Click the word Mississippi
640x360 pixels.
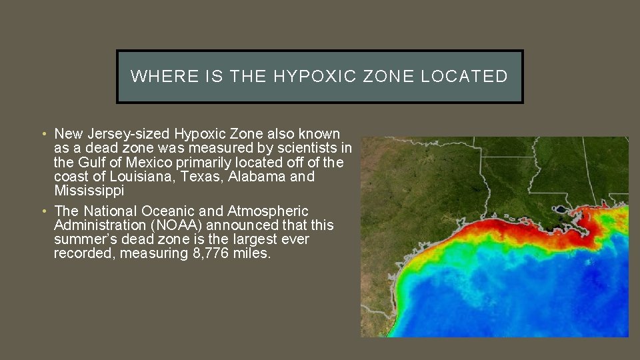click(x=90, y=191)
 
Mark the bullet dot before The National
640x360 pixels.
click(x=42, y=212)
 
